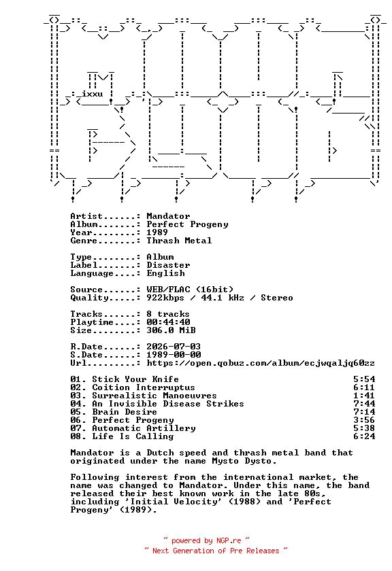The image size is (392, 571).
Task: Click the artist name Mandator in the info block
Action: (168, 216)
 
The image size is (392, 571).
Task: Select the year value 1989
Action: (157, 232)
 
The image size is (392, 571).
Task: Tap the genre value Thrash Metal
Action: (179, 241)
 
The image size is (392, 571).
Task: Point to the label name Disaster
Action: (168, 265)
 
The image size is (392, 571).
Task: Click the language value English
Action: (165, 273)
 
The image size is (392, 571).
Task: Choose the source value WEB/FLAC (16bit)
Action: (190, 290)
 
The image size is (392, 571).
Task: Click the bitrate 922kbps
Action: (165, 298)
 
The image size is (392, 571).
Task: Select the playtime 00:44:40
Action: (168, 322)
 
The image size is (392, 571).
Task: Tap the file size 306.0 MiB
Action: (171, 330)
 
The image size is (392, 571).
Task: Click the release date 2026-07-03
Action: (174, 347)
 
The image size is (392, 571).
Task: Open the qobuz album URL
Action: (261, 363)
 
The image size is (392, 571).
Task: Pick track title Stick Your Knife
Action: (135, 379)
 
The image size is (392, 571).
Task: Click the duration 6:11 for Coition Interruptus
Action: (364, 387)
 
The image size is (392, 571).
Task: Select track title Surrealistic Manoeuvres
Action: (154, 396)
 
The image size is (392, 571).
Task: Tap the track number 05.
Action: (76, 412)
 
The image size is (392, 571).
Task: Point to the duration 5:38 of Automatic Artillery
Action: (364, 428)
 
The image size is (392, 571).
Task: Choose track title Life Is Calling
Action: (133, 436)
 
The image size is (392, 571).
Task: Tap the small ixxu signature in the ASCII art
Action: (93, 94)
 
